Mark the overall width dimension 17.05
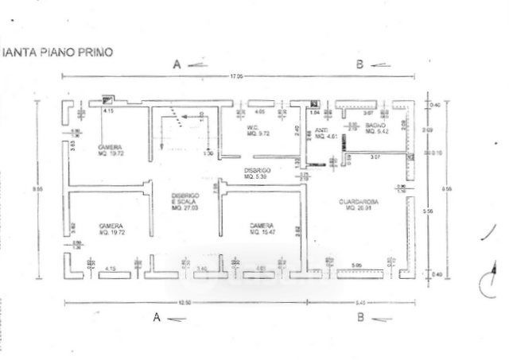237,77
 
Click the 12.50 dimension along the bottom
185,303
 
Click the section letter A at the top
177,64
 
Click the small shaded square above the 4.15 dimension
107,100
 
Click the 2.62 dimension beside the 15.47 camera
297,230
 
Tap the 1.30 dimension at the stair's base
208,153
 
